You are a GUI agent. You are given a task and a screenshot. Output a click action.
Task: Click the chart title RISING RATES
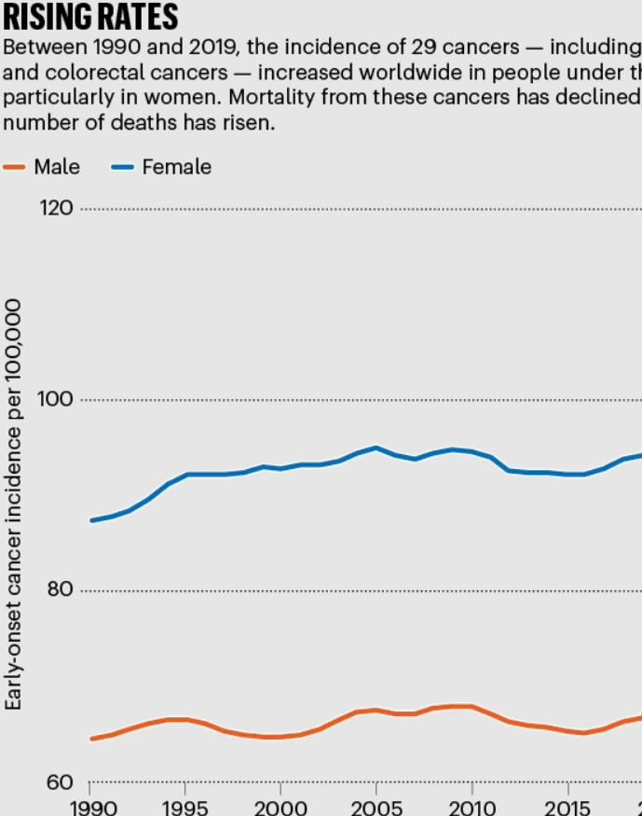click(90, 16)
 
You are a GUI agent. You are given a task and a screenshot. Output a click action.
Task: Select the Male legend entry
click(41, 167)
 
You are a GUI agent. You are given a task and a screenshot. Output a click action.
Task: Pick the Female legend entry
click(162, 167)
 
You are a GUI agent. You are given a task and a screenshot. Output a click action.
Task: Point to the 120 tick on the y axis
click(56, 208)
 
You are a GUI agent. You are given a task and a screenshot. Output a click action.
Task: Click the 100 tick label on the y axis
click(55, 399)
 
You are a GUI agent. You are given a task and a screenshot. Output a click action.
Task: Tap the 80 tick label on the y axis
click(60, 589)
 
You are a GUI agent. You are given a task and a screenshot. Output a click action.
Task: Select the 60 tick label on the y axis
click(60, 782)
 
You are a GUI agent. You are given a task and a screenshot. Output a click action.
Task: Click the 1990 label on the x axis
click(93, 809)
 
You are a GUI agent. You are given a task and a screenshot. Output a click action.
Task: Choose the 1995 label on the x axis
click(185, 809)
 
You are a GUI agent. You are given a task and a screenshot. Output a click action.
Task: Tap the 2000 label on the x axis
click(280, 809)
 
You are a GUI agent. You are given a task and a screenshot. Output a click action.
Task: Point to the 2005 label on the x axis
click(376, 809)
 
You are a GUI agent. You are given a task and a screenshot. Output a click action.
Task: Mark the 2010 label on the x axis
click(472, 809)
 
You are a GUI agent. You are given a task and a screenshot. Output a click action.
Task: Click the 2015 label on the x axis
click(567, 809)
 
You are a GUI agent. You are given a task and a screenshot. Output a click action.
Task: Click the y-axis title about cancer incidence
click(13, 505)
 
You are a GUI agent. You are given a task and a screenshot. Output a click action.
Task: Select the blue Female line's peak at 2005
click(376, 448)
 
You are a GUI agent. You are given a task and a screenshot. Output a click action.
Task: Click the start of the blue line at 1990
click(92, 520)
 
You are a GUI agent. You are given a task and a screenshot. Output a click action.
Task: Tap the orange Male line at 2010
click(471, 707)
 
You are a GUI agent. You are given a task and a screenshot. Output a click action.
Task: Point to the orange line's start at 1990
click(92, 739)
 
